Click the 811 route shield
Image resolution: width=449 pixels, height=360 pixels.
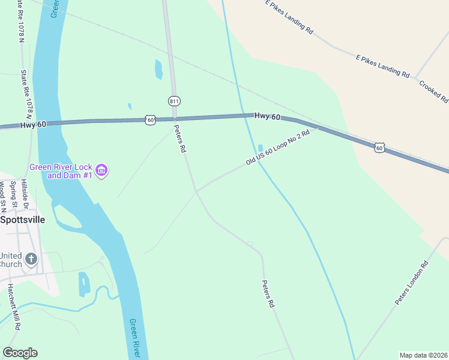(x=174, y=101)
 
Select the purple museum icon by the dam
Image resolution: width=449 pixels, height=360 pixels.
(x=102, y=171)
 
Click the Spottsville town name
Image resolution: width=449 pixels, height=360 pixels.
(x=22, y=220)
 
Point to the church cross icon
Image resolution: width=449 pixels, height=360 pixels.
(x=31, y=259)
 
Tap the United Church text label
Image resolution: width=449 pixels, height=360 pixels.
(x=11, y=259)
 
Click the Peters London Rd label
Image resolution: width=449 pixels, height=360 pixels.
(x=412, y=283)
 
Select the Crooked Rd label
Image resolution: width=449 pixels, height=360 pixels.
(x=433, y=91)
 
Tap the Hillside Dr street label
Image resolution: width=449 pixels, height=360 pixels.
(x=25, y=193)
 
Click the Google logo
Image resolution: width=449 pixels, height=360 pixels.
(x=20, y=353)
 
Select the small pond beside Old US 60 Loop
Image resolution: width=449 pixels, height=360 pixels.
(x=260, y=148)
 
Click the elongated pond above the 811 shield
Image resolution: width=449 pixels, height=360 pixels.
(x=158, y=70)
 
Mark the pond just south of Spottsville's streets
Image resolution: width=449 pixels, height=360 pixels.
(x=84, y=284)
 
